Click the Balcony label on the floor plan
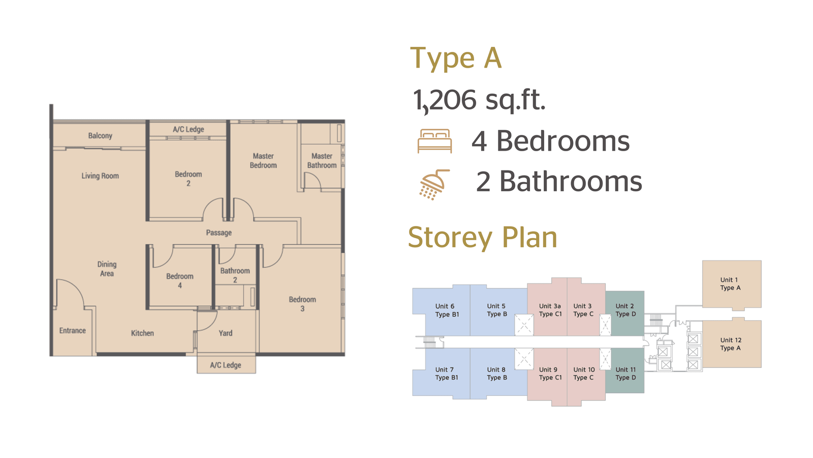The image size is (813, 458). point(100,136)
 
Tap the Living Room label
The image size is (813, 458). point(100,176)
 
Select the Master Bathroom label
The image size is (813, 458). point(322,161)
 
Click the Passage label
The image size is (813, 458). point(219,233)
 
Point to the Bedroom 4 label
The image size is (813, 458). point(180,280)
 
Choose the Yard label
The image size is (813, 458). point(226,333)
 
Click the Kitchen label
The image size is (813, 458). point(142,333)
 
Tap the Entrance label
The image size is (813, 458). point(73,330)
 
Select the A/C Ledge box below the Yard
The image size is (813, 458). point(226,363)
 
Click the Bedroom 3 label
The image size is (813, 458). point(302,304)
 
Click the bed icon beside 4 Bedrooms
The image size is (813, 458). point(434,141)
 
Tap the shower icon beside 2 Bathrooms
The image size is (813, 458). point(434,185)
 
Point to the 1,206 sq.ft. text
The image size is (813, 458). point(479,100)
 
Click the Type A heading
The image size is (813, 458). point(456,58)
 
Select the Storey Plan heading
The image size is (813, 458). point(482,237)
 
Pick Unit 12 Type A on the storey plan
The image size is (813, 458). point(731,344)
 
